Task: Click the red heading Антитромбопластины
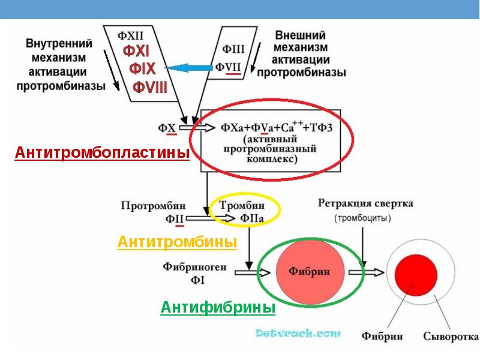pyautogui.click(x=101, y=154)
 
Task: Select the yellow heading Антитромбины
pyautogui.click(x=177, y=242)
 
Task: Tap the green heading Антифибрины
pyautogui.click(x=218, y=308)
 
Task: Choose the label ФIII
pyautogui.click(x=233, y=47)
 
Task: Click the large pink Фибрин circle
pyautogui.click(x=309, y=271)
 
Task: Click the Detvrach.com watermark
pyautogui.click(x=298, y=332)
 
